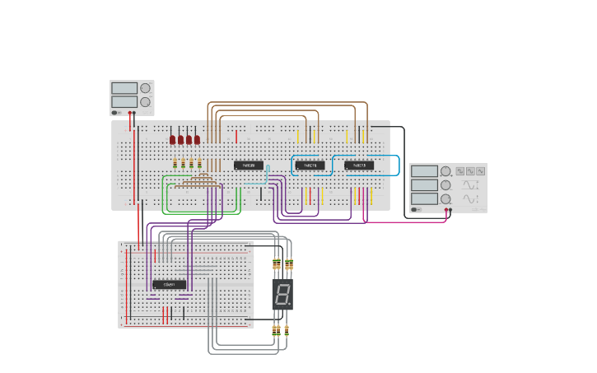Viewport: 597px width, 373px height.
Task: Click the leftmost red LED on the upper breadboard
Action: click(x=173, y=140)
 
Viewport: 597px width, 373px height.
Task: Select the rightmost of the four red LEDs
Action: click(x=198, y=140)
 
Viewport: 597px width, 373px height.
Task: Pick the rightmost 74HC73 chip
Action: click(x=359, y=166)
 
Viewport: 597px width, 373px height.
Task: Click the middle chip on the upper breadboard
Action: click(x=310, y=166)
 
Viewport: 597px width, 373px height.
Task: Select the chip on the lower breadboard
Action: click(x=169, y=284)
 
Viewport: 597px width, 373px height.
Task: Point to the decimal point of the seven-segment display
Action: click(x=290, y=305)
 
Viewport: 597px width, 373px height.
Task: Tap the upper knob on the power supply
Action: click(x=145, y=88)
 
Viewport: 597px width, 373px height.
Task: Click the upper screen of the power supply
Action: click(x=124, y=88)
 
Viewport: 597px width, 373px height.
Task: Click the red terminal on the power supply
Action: click(x=131, y=113)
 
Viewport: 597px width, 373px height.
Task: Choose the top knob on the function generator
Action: click(x=445, y=171)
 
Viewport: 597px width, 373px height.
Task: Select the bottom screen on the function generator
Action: click(x=424, y=198)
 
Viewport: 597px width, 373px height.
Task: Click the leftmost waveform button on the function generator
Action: click(x=460, y=171)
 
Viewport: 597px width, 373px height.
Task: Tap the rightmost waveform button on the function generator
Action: click(x=480, y=171)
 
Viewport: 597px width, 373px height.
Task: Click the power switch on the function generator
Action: click(x=417, y=210)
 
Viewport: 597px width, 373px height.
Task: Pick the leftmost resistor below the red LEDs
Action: click(x=175, y=163)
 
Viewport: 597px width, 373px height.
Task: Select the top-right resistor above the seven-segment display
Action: click(x=289, y=265)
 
